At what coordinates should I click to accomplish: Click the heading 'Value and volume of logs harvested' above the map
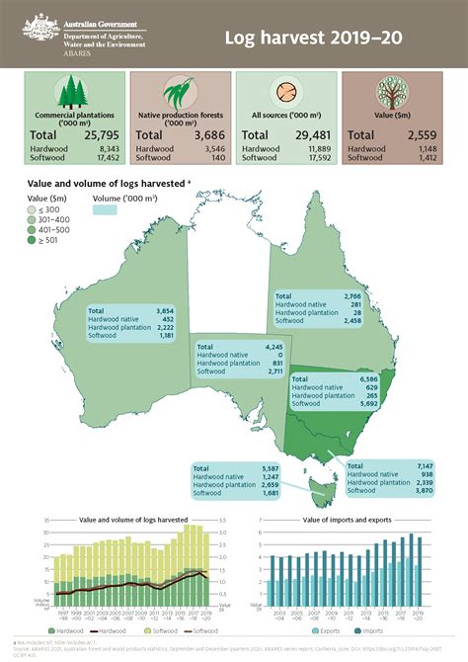(109, 183)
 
